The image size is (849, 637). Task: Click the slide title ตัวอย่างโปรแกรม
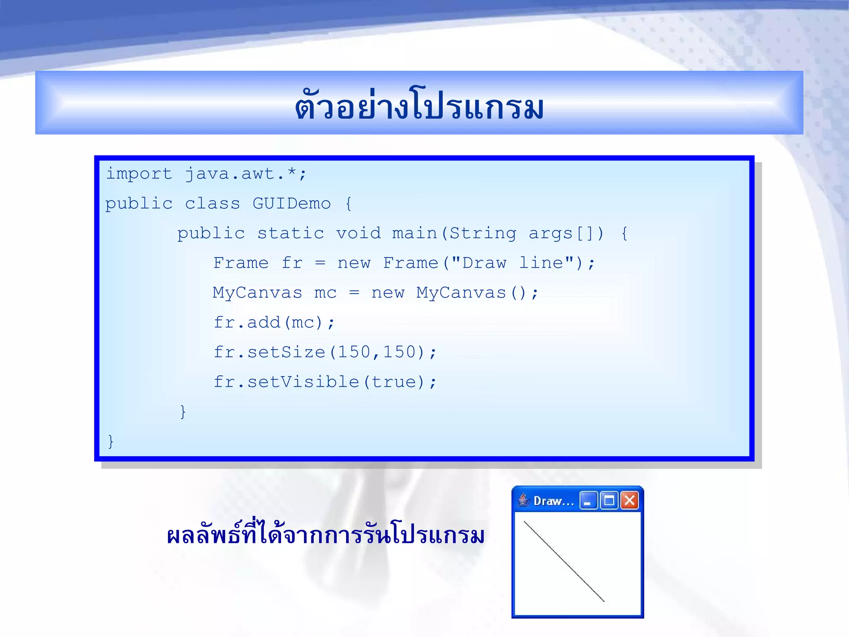419,106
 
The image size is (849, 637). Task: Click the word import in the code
139,174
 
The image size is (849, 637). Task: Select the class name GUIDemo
291,204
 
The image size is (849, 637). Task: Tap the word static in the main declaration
291,233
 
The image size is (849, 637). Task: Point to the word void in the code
358,233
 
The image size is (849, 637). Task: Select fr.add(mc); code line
274,323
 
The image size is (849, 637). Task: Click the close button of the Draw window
629,501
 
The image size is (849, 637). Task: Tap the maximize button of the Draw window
609,501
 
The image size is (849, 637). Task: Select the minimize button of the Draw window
588,501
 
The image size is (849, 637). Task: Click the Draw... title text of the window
553,501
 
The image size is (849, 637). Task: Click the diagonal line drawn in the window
564,561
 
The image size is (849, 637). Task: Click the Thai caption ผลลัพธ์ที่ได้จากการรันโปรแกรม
325,535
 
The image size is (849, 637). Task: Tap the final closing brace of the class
110,441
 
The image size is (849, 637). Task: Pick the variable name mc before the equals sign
325,293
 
